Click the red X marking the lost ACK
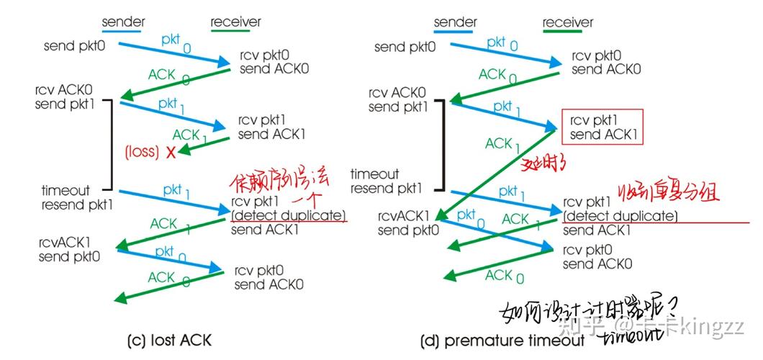(x=171, y=152)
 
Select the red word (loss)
(x=142, y=152)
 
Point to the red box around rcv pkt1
(x=601, y=127)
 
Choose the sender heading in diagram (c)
(x=123, y=22)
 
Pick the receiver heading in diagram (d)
(x=568, y=22)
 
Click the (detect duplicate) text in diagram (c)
(x=288, y=216)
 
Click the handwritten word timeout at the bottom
(x=626, y=336)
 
